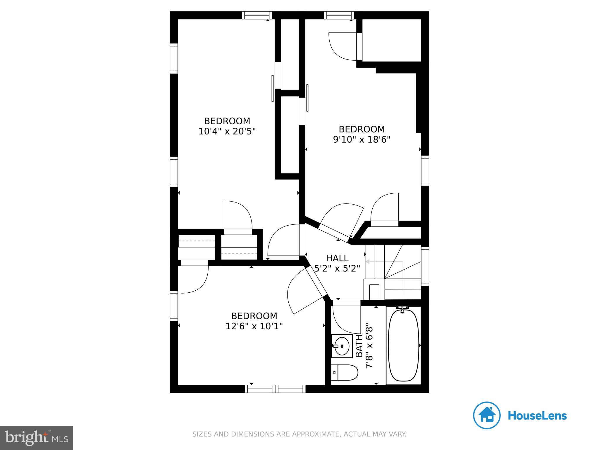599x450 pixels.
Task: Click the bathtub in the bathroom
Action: click(x=403, y=345)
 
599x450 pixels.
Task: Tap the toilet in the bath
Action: click(x=345, y=372)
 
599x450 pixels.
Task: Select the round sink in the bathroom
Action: click(x=342, y=346)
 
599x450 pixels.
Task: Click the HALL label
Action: click(x=337, y=258)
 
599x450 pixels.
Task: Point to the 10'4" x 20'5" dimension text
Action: click(x=227, y=131)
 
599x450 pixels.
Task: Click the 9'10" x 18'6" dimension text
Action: click(x=362, y=139)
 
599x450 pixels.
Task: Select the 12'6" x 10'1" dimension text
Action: click(x=254, y=326)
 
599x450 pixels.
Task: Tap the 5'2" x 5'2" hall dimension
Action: click(x=337, y=268)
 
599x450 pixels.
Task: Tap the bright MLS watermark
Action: click(x=37, y=438)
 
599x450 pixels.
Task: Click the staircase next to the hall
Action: click(x=393, y=272)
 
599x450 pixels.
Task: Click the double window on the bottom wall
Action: click(x=275, y=389)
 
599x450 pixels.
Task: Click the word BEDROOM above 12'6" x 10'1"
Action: click(x=254, y=316)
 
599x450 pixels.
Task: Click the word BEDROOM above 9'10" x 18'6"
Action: click(x=362, y=129)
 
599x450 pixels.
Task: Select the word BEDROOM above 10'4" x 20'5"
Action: click(x=227, y=121)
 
